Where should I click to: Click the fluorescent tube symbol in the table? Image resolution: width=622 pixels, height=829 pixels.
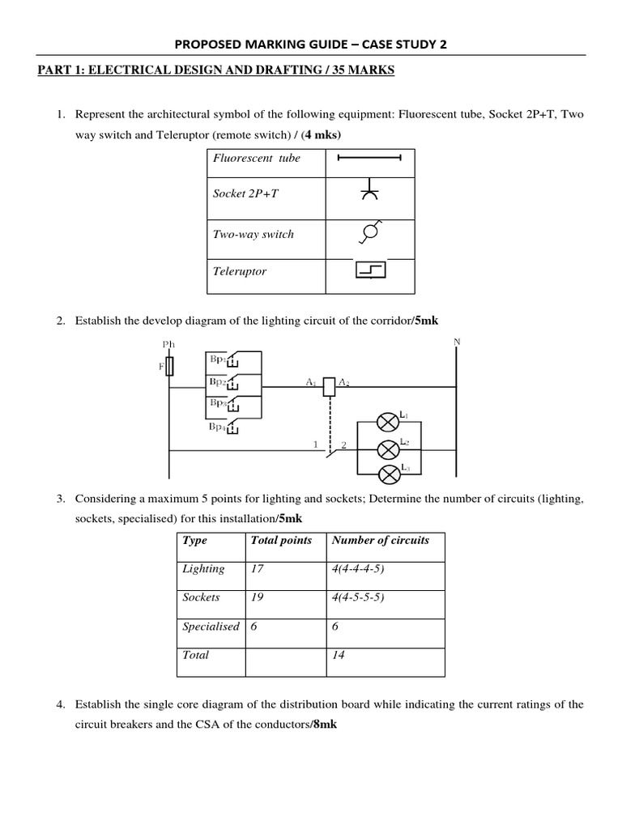(369, 158)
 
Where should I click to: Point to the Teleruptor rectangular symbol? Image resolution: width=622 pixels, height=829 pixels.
(370, 270)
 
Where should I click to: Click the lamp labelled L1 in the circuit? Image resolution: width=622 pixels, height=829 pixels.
(390, 420)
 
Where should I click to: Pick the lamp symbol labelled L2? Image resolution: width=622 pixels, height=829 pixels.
(390, 447)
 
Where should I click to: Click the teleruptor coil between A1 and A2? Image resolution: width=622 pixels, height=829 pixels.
(329, 386)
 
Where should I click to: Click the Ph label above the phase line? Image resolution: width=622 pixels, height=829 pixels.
(168, 343)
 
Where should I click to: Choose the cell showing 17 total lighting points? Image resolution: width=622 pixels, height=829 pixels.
(258, 569)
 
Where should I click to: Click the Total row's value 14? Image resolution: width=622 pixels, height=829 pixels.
(339, 655)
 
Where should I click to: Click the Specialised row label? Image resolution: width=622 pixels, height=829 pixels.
(211, 627)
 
